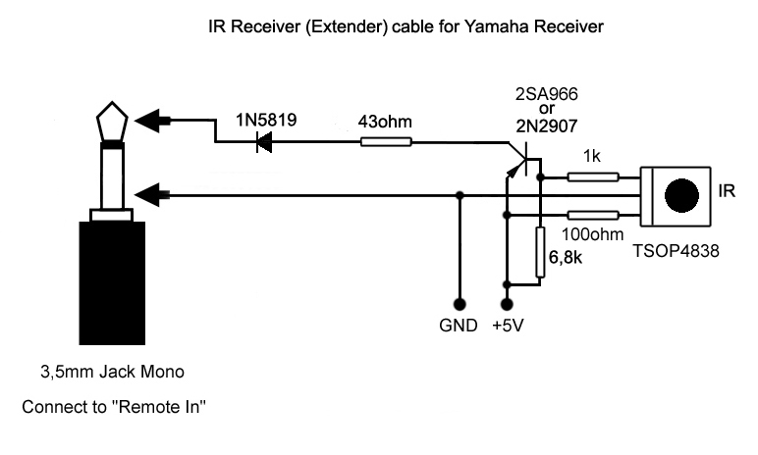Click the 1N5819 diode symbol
(263, 143)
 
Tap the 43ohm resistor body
(387, 143)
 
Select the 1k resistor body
(593, 177)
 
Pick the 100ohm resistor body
(593, 214)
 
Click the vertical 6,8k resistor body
(540, 252)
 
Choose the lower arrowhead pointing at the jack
(151, 195)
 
